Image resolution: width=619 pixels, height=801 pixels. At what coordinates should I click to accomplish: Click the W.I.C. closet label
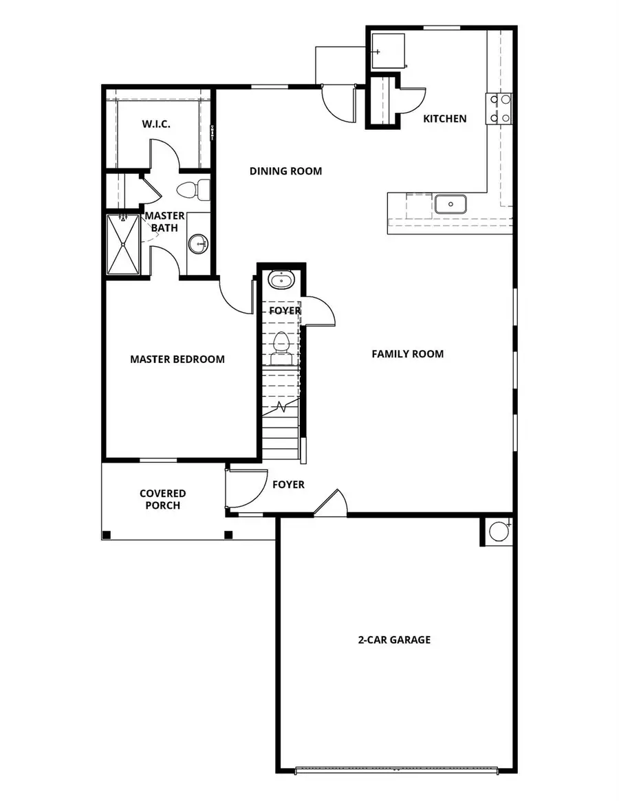point(156,124)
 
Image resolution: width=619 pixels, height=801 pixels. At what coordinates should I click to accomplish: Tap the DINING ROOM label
point(285,171)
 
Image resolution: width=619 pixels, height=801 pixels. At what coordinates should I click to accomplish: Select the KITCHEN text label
point(444,119)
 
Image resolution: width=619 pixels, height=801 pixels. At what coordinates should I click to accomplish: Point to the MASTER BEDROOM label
point(177,359)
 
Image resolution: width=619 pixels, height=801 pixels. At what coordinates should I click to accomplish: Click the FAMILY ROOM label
point(407,354)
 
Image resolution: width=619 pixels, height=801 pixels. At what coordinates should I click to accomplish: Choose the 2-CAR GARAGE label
point(394,639)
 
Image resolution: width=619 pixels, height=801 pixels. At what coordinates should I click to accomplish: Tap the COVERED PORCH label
point(162,499)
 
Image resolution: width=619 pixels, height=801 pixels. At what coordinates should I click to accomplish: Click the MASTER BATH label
point(164,221)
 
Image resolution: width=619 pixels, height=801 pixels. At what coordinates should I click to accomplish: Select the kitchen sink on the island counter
point(450,204)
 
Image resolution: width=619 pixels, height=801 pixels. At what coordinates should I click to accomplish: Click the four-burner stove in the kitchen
point(499,109)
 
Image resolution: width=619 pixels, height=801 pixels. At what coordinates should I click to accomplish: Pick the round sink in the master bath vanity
point(199,243)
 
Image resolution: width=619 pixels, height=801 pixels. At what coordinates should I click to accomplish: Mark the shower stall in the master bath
point(123,244)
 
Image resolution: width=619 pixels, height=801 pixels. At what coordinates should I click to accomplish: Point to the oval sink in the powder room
point(281,280)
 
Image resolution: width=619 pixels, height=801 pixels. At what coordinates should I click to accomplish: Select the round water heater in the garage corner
point(497,531)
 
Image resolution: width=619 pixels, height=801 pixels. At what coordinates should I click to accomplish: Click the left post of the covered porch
point(107,534)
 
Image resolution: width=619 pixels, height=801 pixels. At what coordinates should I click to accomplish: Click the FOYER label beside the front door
point(288,485)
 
